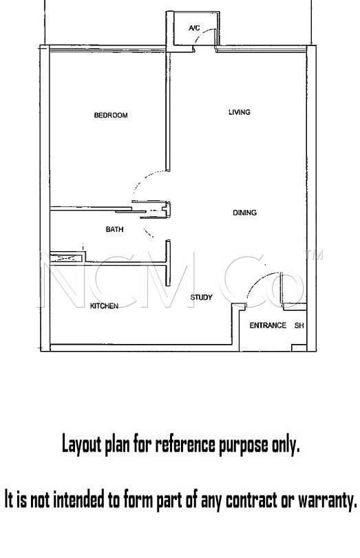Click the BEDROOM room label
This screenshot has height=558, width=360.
(111, 116)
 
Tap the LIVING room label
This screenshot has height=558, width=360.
(240, 112)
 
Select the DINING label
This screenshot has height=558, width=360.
(244, 213)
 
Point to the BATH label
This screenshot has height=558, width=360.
(115, 230)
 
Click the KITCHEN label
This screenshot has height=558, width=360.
(104, 306)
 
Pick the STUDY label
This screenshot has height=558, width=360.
(201, 297)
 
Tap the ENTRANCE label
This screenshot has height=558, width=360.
(268, 325)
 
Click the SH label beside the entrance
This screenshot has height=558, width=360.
(299, 325)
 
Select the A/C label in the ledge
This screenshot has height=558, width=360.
(194, 28)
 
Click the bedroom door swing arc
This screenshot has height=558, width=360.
(143, 179)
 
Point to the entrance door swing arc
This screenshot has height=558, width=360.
(258, 280)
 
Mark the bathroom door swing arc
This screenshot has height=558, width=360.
(149, 233)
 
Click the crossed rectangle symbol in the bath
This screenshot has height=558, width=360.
(66, 257)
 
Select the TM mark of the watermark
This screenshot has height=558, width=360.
(313, 255)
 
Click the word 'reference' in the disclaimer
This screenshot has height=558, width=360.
(184, 444)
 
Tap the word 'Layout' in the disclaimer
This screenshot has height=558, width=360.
(81, 444)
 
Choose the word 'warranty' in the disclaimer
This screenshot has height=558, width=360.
(327, 500)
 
